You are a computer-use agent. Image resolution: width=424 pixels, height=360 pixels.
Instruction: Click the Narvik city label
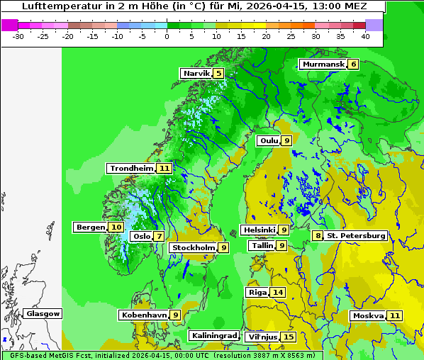(x=196, y=73)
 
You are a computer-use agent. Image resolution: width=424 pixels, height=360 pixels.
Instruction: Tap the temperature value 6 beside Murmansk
(x=354, y=64)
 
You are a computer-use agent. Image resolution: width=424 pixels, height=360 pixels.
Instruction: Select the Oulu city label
(x=268, y=140)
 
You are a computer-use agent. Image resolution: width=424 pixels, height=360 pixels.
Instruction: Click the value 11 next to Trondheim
(x=164, y=169)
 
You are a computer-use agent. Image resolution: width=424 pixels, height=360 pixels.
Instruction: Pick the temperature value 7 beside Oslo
(x=160, y=237)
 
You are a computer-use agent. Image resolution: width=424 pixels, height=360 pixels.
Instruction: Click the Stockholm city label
(x=193, y=247)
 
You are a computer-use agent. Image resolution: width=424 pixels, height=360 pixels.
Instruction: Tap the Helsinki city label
(x=259, y=230)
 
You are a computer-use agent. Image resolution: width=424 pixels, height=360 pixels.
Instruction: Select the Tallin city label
(x=262, y=245)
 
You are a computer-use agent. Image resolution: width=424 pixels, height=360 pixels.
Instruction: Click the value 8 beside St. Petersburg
(x=318, y=235)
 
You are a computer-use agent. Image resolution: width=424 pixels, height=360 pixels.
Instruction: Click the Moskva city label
(x=368, y=315)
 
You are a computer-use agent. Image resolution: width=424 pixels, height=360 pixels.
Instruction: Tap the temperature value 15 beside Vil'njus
(x=288, y=337)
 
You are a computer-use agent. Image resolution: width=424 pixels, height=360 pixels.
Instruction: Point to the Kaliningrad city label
(x=213, y=335)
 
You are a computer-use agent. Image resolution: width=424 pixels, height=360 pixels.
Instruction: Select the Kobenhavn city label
(x=144, y=315)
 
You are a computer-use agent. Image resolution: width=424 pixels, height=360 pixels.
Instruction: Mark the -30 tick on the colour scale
(x=18, y=35)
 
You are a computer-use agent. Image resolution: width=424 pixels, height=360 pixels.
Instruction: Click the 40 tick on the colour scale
(x=365, y=35)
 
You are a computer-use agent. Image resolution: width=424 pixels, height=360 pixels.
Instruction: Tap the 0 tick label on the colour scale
(x=167, y=35)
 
